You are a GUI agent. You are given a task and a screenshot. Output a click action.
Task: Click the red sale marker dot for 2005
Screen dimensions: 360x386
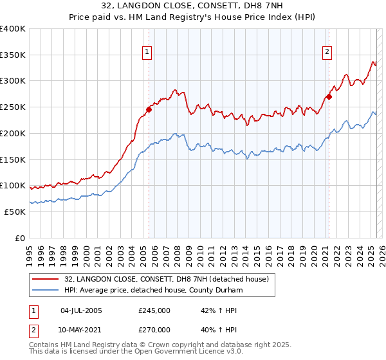pos(149,109)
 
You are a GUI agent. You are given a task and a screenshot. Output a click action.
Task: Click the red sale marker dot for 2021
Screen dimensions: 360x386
pos(329,97)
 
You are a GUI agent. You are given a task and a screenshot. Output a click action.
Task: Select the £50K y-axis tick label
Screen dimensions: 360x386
pos(15,212)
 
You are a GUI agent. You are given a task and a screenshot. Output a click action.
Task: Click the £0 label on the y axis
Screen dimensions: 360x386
pos(19,238)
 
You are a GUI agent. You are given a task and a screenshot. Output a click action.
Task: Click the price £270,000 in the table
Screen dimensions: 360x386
pos(154,329)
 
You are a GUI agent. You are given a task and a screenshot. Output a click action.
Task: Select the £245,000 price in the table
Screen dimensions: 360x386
pos(154,310)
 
